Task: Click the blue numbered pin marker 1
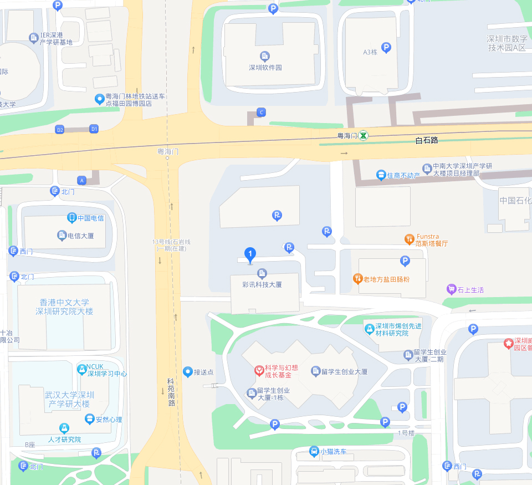click(250, 256)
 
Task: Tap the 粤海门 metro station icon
click(363, 135)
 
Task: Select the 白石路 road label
click(427, 140)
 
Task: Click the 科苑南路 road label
click(171, 392)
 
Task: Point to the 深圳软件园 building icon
click(265, 56)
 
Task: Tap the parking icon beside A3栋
click(386, 48)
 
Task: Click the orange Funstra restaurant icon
click(410, 239)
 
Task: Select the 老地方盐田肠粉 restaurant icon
click(358, 278)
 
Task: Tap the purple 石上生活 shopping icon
click(452, 289)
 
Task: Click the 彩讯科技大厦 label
click(262, 284)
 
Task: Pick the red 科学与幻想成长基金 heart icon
click(258, 370)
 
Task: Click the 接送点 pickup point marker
click(188, 371)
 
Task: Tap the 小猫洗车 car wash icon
click(314, 451)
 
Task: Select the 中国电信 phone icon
click(71, 217)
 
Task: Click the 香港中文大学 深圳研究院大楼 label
click(64, 307)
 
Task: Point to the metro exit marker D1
click(94, 129)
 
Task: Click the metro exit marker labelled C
click(262, 113)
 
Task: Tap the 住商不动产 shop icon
click(381, 175)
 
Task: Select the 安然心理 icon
click(90, 419)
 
